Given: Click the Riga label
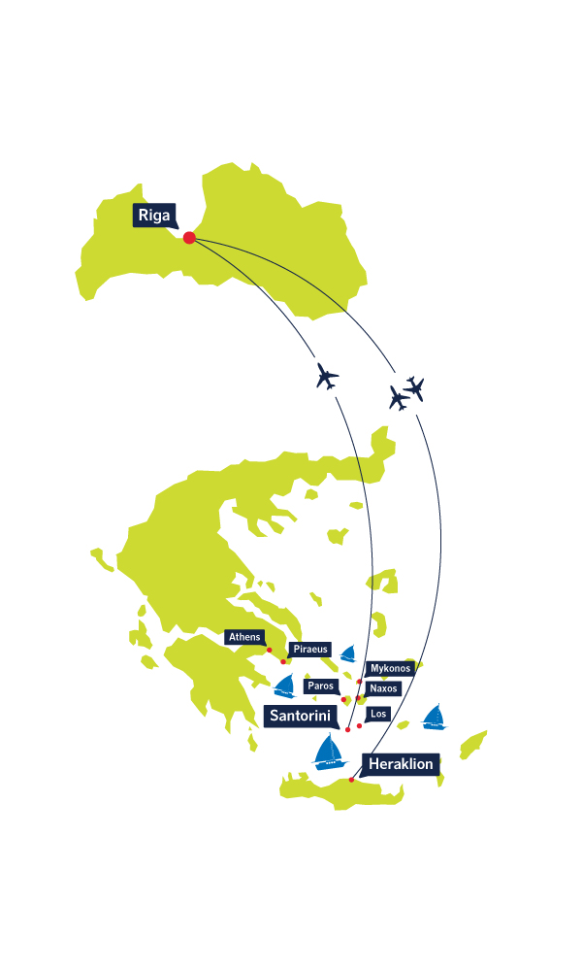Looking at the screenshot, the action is [x=154, y=215].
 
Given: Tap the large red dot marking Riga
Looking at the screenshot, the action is [x=189, y=237].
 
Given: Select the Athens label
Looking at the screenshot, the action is [x=244, y=637].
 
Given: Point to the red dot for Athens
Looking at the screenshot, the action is [x=269, y=651].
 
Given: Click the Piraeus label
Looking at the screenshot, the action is [x=309, y=649].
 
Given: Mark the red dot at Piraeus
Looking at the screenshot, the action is [x=283, y=662].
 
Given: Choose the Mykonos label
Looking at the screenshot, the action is [x=390, y=669].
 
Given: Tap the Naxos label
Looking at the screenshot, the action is [x=383, y=688].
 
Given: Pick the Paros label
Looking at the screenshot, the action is [x=321, y=686].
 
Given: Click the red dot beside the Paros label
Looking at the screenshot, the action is [x=344, y=700].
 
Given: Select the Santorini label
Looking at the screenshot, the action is [x=301, y=716].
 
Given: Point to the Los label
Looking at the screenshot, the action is [x=378, y=714].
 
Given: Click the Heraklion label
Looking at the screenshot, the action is [x=401, y=764].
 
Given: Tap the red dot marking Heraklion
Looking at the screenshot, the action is [x=352, y=780].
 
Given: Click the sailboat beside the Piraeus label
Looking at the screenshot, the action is [x=348, y=653].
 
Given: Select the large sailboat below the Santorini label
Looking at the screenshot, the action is [x=330, y=752].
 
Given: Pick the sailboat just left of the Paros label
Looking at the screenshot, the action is [x=284, y=686].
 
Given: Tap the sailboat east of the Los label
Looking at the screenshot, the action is [x=435, y=718].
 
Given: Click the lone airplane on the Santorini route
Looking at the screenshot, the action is [x=327, y=376].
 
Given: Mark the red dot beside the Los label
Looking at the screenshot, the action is [x=359, y=725].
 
